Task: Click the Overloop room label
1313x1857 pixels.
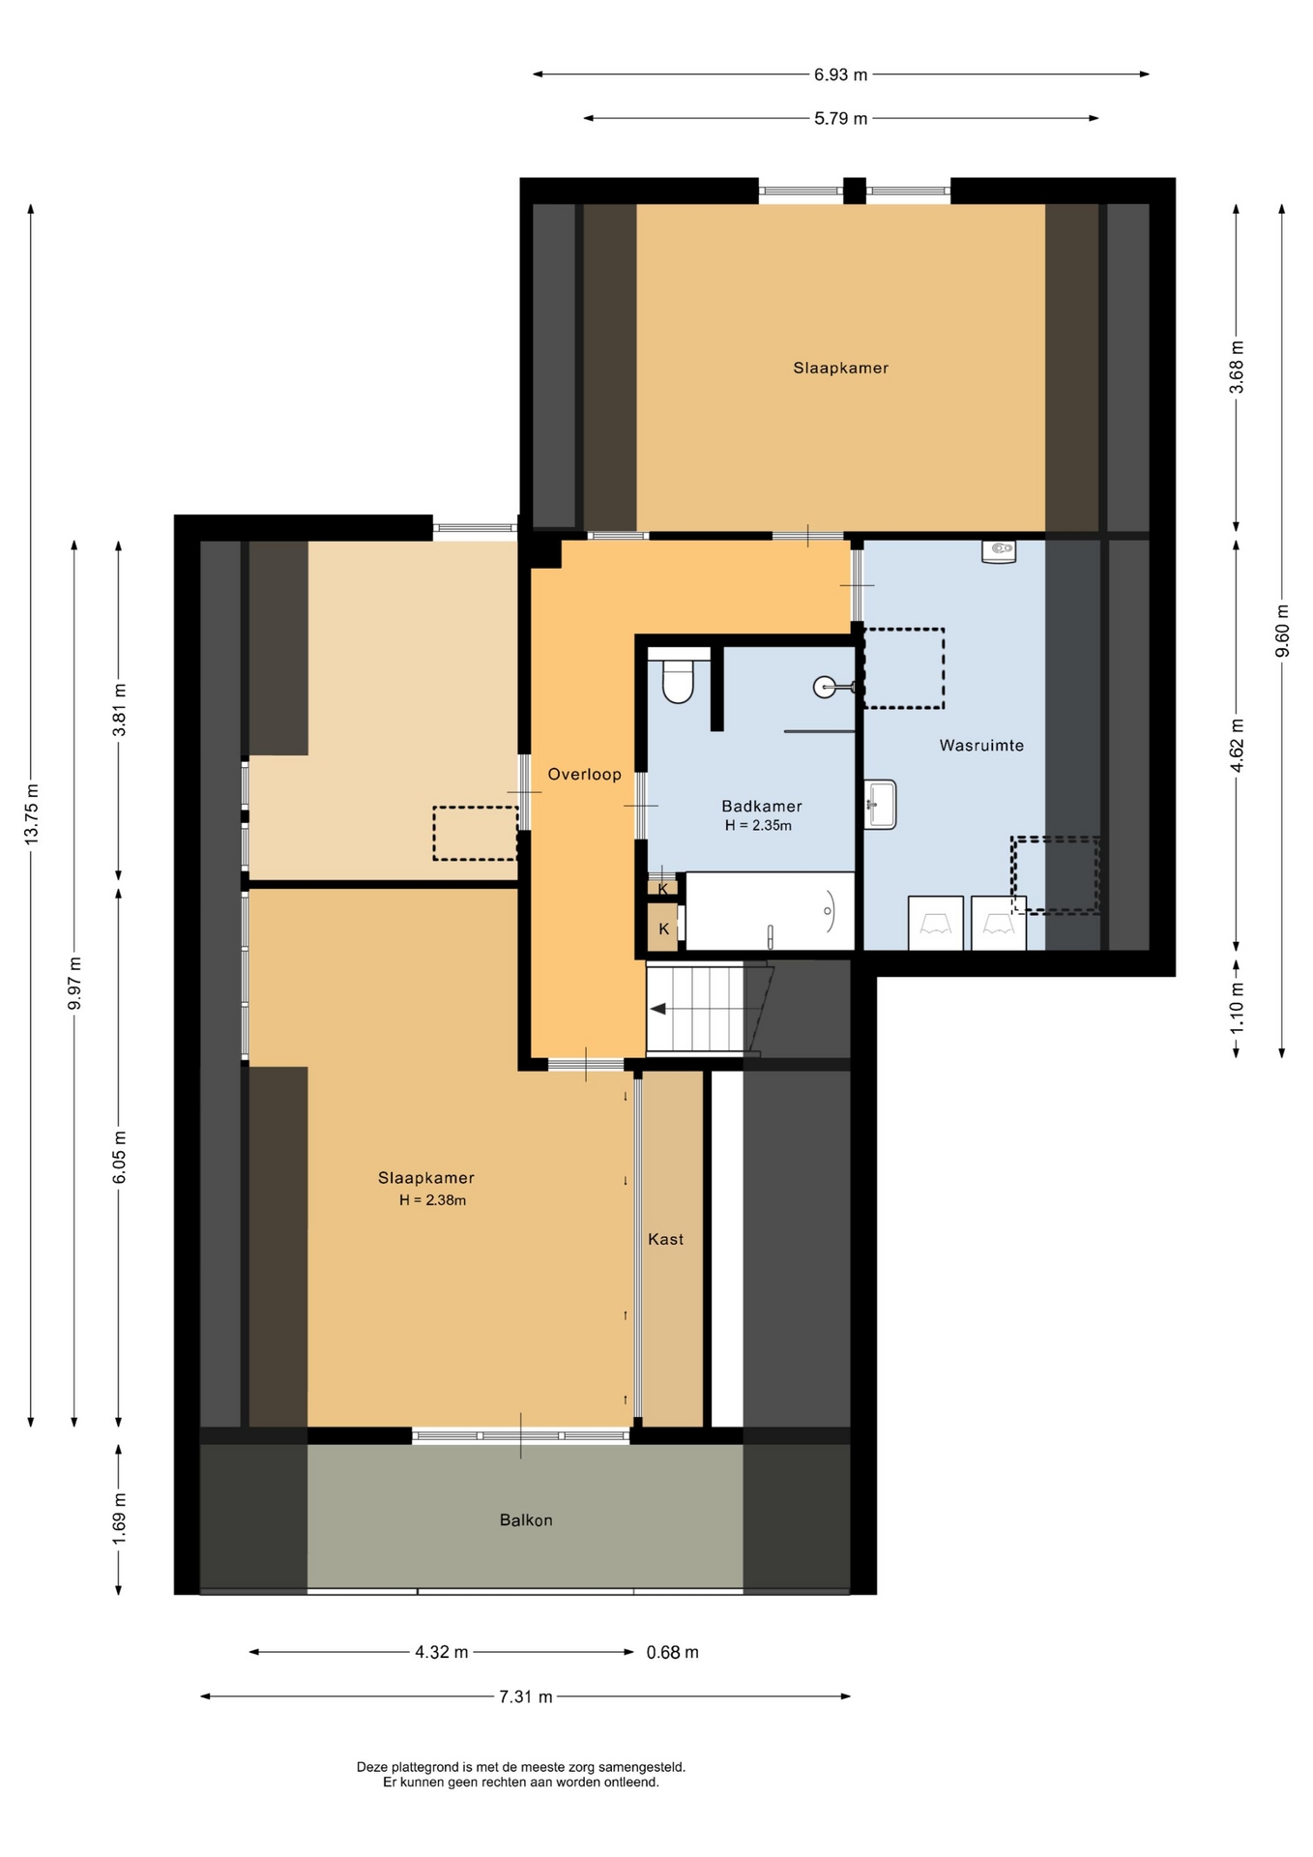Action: click(x=584, y=774)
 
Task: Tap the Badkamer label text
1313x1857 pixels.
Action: click(x=762, y=806)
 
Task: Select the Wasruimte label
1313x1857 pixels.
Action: click(x=981, y=745)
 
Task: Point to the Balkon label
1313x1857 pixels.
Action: click(x=526, y=1519)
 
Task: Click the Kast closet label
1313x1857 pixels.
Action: click(x=665, y=1239)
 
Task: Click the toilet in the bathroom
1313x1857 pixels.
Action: click(x=678, y=681)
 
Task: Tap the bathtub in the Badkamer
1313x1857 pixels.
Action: click(x=770, y=911)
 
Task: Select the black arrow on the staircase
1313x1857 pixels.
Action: click(x=658, y=1009)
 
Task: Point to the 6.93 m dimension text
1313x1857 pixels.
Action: click(x=840, y=74)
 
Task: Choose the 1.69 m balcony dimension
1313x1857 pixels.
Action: click(x=119, y=1518)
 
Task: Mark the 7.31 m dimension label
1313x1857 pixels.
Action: click(x=526, y=1696)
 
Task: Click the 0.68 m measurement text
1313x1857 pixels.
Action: click(x=672, y=1652)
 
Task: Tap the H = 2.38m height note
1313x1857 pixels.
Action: click(x=432, y=1200)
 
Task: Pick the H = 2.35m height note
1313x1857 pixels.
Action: click(x=758, y=825)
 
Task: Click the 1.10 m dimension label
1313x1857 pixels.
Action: click(x=1237, y=1006)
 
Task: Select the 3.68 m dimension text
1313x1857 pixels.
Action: click(x=1237, y=368)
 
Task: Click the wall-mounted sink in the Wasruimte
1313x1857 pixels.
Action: click(x=880, y=805)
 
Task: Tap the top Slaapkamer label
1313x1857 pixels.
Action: click(x=840, y=368)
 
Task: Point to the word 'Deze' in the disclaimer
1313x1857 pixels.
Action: click(x=372, y=1767)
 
